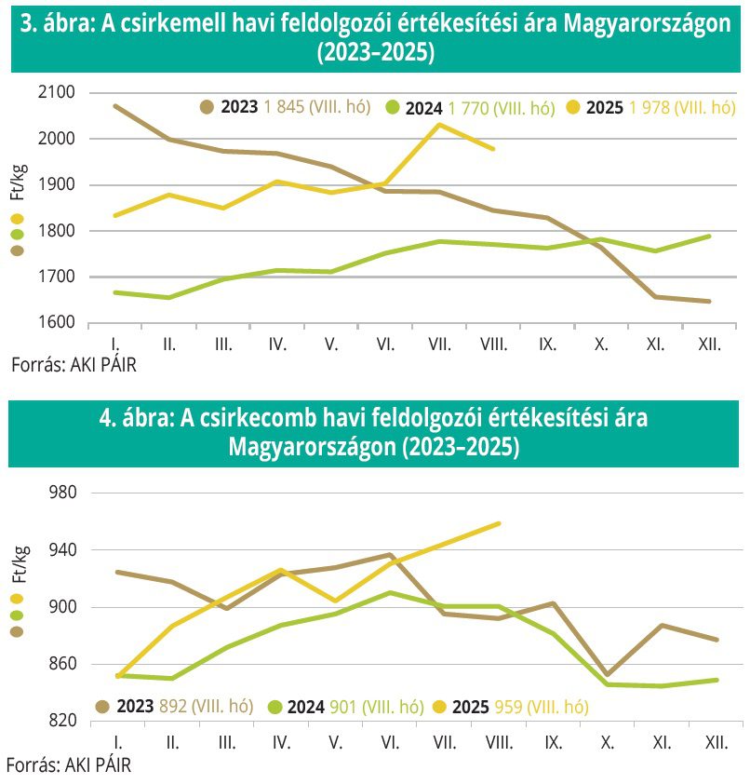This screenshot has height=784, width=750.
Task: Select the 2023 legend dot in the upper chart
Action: (x=208, y=107)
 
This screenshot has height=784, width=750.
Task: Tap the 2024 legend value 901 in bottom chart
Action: (x=342, y=707)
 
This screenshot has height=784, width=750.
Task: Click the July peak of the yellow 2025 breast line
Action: (x=439, y=124)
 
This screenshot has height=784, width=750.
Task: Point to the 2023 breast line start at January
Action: (x=114, y=106)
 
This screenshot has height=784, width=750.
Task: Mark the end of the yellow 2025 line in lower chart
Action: (x=500, y=523)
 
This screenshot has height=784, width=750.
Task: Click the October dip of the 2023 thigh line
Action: (x=608, y=675)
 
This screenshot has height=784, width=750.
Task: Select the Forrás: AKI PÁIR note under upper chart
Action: (x=74, y=364)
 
